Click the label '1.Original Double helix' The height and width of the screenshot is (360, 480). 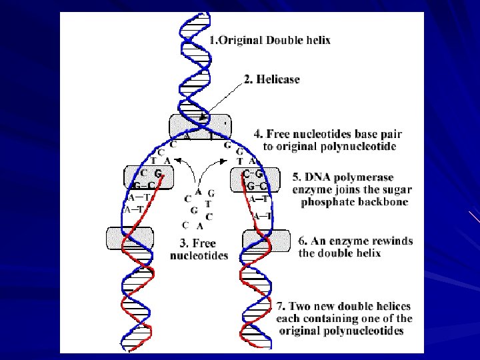(x=269, y=40)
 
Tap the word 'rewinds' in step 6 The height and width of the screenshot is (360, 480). (x=393, y=241)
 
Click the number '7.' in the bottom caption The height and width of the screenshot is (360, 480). (x=281, y=306)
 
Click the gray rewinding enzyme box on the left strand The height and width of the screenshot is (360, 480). (x=129, y=238)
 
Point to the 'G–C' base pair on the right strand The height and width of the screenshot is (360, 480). (x=257, y=185)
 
